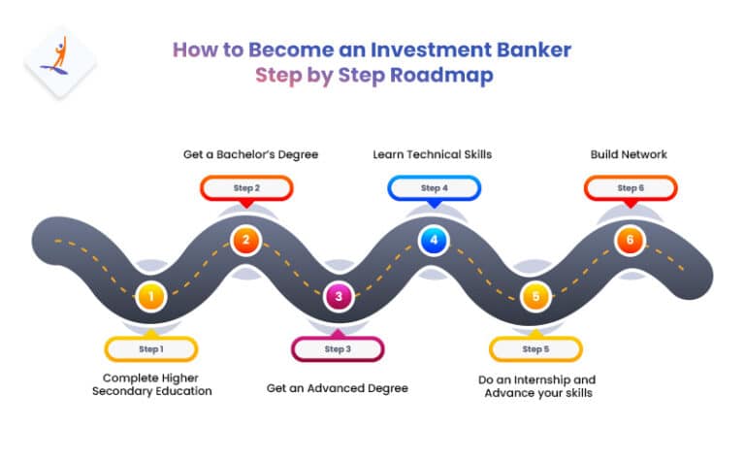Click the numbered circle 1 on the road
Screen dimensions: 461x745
tap(150, 296)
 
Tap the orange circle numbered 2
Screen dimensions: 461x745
tap(245, 241)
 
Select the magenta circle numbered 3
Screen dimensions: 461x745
tap(338, 296)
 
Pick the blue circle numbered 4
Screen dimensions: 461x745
tap(434, 241)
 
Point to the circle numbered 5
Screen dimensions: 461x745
tap(534, 296)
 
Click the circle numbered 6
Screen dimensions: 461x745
tap(630, 241)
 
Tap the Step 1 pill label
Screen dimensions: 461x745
tap(150, 348)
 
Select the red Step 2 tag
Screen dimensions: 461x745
tap(245, 187)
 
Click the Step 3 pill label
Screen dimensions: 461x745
tap(338, 348)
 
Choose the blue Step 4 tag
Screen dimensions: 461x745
tap(434, 187)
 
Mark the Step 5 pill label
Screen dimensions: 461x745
tap(534, 348)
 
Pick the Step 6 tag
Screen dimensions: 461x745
tap(630, 187)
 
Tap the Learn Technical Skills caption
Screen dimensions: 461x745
tap(434, 154)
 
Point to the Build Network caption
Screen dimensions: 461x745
tap(629, 154)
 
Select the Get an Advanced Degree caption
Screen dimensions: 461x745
tap(338, 388)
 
